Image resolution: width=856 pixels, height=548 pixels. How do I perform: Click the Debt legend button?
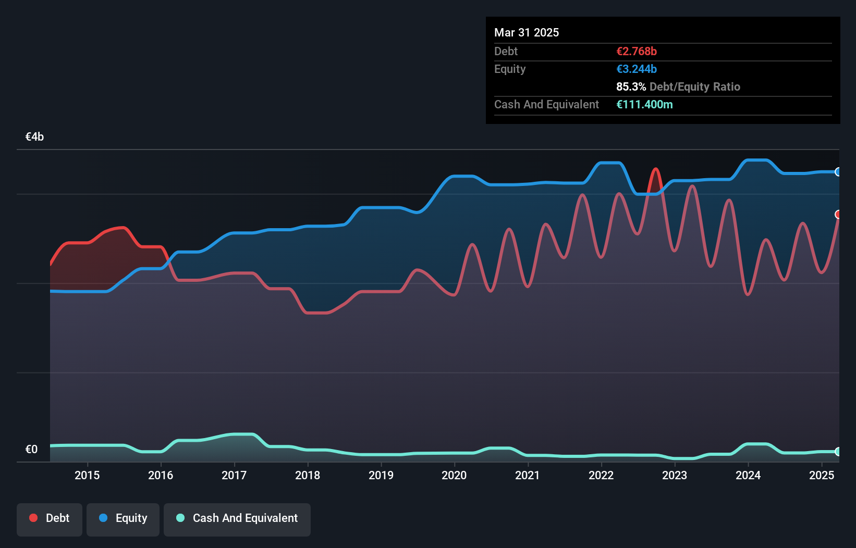click(x=49, y=519)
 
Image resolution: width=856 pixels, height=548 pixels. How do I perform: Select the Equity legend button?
click(x=123, y=519)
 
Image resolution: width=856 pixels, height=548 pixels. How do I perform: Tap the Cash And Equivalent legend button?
click(x=237, y=519)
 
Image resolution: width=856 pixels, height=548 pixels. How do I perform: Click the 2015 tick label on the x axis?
click(x=87, y=475)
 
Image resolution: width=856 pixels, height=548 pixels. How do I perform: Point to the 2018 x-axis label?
click(x=308, y=475)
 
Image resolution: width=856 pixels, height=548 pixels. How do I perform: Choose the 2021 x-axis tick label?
click(x=528, y=475)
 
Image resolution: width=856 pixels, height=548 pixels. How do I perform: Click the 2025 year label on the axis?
click(x=821, y=475)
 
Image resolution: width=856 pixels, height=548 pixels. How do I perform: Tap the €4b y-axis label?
click(x=34, y=137)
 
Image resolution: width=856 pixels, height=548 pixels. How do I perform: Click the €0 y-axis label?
click(x=31, y=450)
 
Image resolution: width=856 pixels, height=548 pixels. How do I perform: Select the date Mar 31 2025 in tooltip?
click(x=527, y=33)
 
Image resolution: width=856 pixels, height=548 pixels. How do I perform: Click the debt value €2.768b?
click(x=637, y=52)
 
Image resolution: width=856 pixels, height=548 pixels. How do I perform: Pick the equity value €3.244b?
click(x=637, y=69)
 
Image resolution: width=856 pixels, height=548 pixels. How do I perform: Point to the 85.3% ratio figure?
click(x=631, y=87)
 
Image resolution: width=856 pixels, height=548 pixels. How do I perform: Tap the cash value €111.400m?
click(x=644, y=105)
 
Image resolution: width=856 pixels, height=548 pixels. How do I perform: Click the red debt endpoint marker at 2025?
click(x=838, y=215)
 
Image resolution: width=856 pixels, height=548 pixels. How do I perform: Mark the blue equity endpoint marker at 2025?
click(x=838, y=172)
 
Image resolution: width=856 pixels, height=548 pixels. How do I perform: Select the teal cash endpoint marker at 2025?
click(x=838, y=452)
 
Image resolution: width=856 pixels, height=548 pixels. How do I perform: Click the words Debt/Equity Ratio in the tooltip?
click(x=694, y=87)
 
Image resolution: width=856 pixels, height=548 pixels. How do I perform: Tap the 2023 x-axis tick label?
click(x=675, y=475)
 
